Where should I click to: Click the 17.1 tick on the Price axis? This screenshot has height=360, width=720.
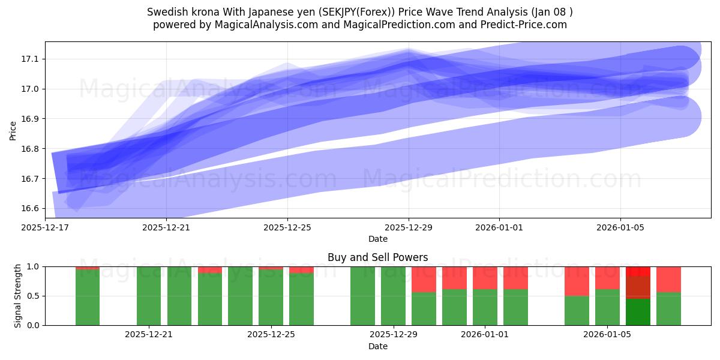pos(31,59)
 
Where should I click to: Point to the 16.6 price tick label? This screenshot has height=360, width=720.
pos(31,208)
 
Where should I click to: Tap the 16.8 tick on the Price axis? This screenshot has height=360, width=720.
pos(31,149)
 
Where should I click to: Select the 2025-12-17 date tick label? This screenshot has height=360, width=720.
pos(46,227)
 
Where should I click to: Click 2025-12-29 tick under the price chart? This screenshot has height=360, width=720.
pos(409,227)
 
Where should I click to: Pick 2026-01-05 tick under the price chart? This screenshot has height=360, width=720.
pos(620,227)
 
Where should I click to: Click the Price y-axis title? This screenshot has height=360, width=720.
pos(13,130)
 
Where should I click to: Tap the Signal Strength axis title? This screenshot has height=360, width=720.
pos(18,296)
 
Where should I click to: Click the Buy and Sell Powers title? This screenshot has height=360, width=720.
pos(377,257)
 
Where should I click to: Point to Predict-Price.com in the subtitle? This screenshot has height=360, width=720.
pos(523,25)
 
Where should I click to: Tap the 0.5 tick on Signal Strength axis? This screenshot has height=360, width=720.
pos(33,296)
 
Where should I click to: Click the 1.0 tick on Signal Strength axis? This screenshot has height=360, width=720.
pos(33,266)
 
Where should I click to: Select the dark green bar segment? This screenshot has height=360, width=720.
pos(638,312)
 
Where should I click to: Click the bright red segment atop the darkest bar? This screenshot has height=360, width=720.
pos(638,271)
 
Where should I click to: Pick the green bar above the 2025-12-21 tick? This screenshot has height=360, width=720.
pos(149,296)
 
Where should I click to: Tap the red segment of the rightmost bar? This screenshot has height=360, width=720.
pos(668,279)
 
